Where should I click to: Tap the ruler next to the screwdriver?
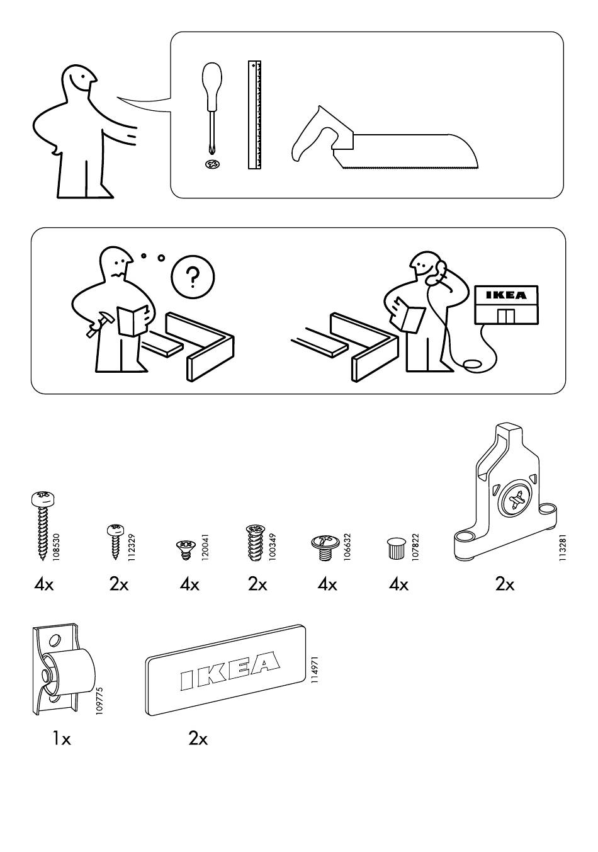[254, 115]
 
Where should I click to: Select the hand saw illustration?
[384, 140]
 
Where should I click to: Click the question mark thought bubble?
[193, 277]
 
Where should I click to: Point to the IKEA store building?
[507, 305]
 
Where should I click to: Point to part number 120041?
[206, 548]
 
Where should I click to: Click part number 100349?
[272, 547]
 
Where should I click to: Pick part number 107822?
[415, 547]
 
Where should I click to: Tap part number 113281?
[563, 547]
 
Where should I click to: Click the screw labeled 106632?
[325, 546]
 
